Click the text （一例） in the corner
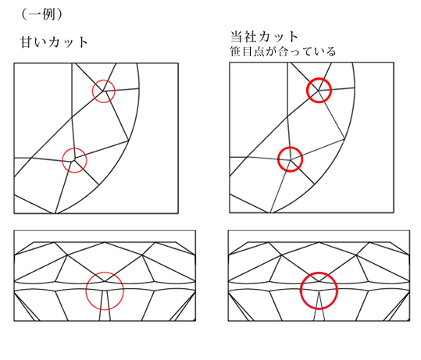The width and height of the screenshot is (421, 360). [41, 14]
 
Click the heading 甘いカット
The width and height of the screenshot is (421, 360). [54, 42]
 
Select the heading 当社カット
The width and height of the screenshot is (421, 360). [265, 37]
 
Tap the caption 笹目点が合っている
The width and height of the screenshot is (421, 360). [283, 52]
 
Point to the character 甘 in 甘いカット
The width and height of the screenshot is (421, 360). [27, 42]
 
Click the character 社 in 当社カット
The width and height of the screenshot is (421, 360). [250, 37]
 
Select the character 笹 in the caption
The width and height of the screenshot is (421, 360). [235, 52]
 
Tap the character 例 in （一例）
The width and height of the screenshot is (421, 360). [48, 14]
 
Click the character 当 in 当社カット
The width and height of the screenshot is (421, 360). [237, 37]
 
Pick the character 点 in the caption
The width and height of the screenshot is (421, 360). [259, 52]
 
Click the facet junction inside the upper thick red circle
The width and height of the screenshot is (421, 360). [319, 91]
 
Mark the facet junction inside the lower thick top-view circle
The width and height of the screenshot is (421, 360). [291, 160]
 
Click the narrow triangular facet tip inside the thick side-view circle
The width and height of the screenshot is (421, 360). [319, 291]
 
